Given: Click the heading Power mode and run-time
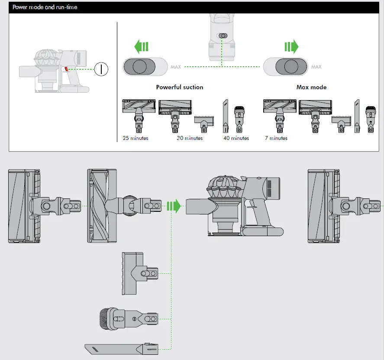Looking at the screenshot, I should click(x=45, y=7).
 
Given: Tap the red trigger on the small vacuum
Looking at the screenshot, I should click(x=66, y=69).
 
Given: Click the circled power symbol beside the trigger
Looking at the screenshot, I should click(x=102, y=69).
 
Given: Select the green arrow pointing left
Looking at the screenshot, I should click(x=141, y=46).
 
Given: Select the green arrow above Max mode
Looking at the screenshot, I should click(x=291, y=46).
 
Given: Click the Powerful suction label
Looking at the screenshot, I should click(x=179, y=87).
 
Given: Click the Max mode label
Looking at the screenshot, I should click(x=311, y=87).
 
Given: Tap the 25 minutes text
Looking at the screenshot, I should click(x=135, y=138).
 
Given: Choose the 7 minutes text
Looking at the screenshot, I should click(x=276, y=138).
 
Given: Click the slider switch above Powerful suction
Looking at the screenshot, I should click(x=145, y=67).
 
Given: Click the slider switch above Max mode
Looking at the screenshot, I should click(x=286, y=67).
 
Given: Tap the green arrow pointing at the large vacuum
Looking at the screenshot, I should click(x=173, y=206).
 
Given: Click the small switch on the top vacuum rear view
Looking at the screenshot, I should click(x=223, y=36).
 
